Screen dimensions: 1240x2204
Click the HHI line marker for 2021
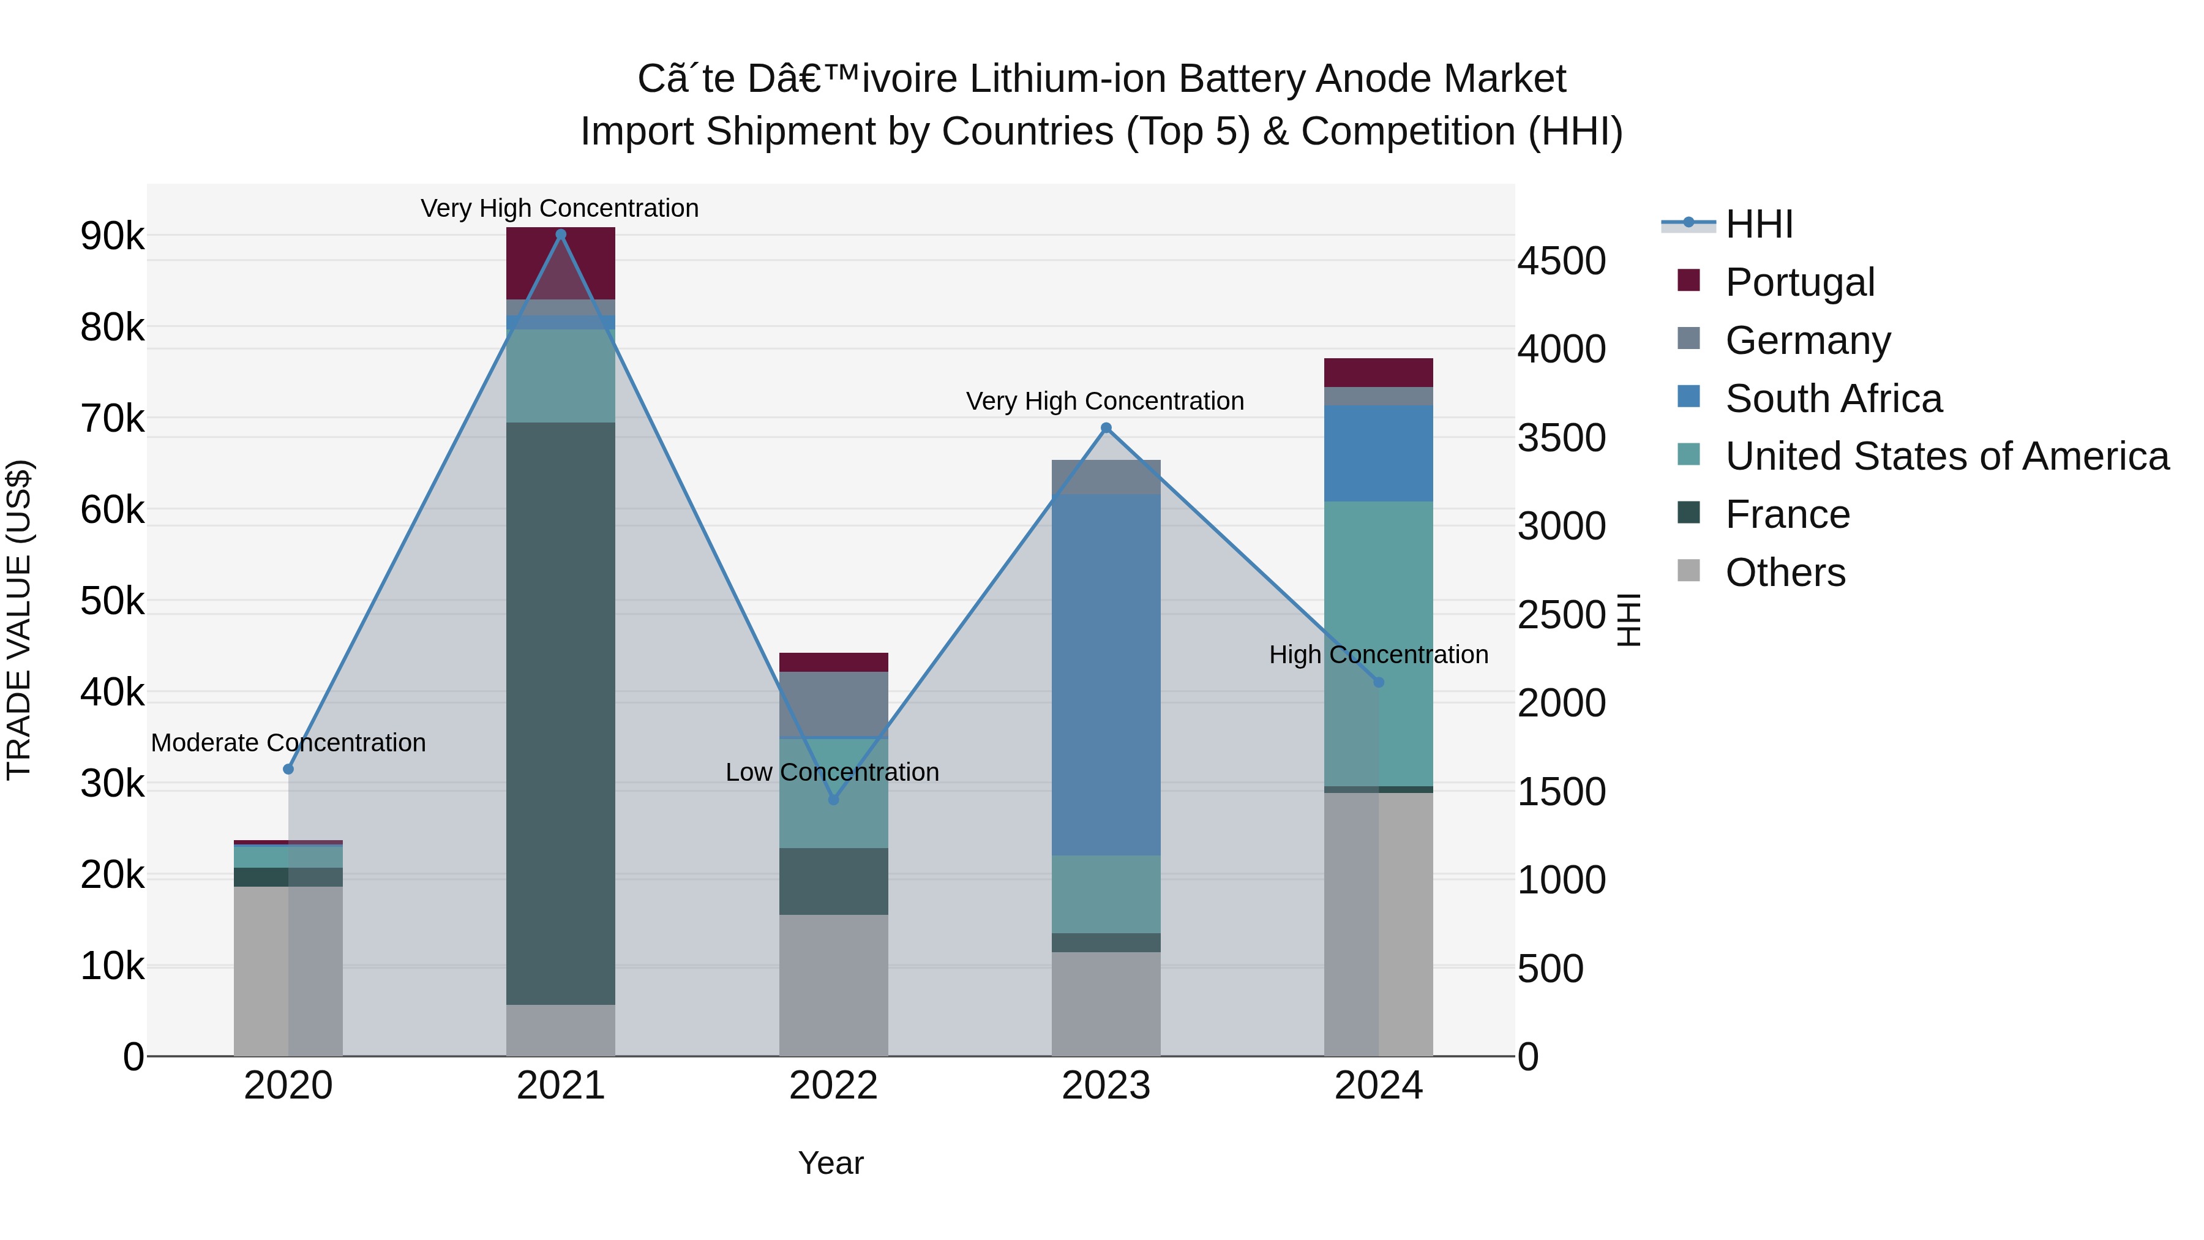pyautogui.click(x=560, y=235)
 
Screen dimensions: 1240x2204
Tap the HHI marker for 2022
pyautogui.click(x=833, y=799)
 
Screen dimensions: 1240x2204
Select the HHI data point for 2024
pyautogui.click(x=1377, y=682)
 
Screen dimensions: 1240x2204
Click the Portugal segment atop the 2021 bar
pyautogui.click(x=560, y=263)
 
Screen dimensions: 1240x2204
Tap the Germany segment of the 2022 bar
pyautogui.click(x=833, y=704)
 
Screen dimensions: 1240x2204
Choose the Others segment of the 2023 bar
pyautogui.click(x=1106, y=1003)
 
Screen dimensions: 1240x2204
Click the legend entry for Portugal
pyautogui.click(x=1799, y=282)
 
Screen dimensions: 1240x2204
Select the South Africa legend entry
pyautogui.click(x=1832, y=399)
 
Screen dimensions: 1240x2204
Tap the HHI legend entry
pyautogui.click(x=1758, y=224)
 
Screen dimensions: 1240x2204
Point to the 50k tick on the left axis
pyautogui.click(x=112, y=601)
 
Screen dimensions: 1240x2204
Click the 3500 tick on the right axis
pyautogui.click(x=1561, y=438)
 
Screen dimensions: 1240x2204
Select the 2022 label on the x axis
pyautogui.click(x=833, y=1086)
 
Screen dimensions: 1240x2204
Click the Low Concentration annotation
pyautogui.click(x=831, y=772)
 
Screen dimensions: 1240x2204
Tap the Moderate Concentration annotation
pyautogui.click(x=288, y=743)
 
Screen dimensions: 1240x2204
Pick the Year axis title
pyautogui.click(x=830, y=1163)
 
